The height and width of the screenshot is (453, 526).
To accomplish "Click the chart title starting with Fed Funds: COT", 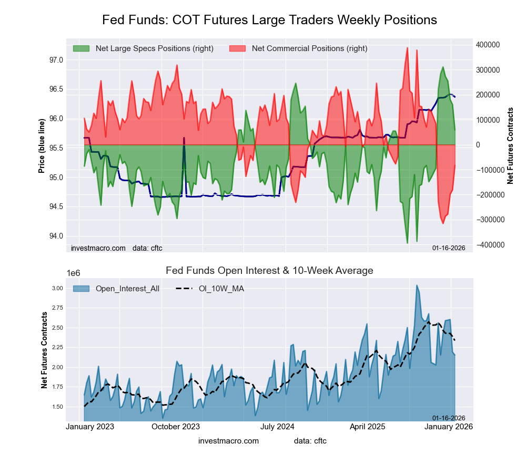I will (269, 20).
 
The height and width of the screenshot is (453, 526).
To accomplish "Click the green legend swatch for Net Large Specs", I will (81, 48).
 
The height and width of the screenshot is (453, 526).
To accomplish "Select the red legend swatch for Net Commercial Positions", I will (238, 48).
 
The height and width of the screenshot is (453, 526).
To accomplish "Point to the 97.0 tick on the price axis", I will (56, 60).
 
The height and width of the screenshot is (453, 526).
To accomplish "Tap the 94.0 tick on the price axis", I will (56, 235).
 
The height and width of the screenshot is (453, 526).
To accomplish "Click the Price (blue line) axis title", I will (42, 145).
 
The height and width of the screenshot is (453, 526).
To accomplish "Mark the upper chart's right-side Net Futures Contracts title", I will (510, 145).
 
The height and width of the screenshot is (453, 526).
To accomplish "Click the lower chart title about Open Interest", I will (269, 271).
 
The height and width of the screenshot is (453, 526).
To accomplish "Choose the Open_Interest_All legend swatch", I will (81, 288).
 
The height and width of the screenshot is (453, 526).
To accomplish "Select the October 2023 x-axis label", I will (176, 427).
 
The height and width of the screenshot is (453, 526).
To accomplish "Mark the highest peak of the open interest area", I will (417, 285).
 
